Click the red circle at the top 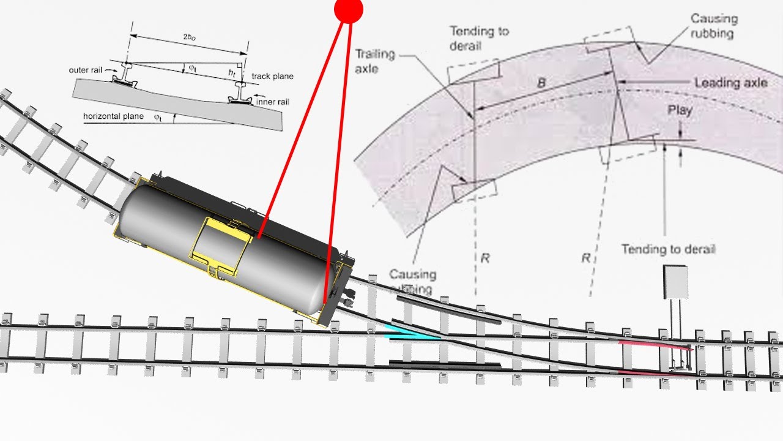[x=349, y=9]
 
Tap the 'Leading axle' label [x=730, y=83]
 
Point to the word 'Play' [x=680, y=110]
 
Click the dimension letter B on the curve [x=541, y=82]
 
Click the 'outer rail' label [x=89, y=70]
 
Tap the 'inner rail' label [x=273, y=102]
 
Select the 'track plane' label [x=273, y=77]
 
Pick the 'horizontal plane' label [x=113, y=116]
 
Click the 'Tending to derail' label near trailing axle [x=479, y=38]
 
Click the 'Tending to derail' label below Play [x=668, y=249]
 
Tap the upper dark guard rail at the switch [x=448, y=309]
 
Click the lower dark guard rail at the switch [x=445, y=365]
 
